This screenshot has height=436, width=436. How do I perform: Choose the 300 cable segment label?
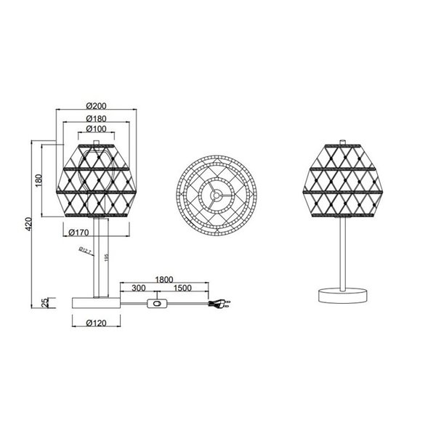pos(139,288)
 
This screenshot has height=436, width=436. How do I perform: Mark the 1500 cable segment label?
pos(182,288)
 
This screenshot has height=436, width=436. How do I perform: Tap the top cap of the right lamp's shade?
pos(341,139)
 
